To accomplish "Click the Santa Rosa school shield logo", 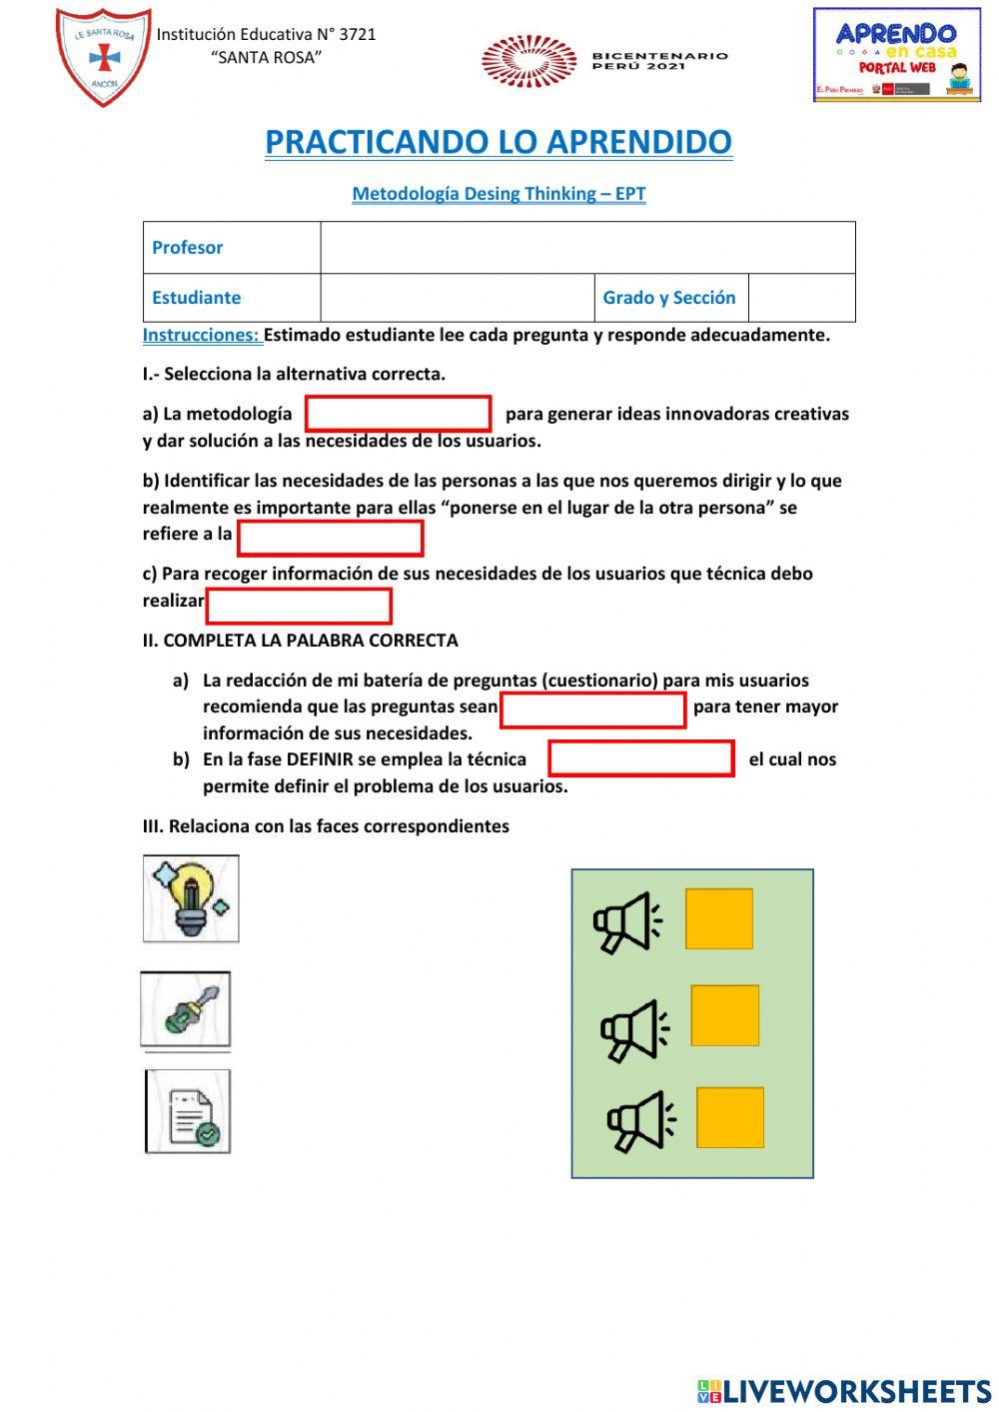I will tap(104, 57).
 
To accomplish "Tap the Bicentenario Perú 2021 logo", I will tap(604, 61).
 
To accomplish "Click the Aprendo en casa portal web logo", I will tap(896, 56).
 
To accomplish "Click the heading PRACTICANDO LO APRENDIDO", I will tap(499, 142).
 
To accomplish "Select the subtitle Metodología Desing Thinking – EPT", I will tap(499, 194).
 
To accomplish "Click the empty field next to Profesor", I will tap(587, 248).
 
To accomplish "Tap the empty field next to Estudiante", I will tap(457, 298).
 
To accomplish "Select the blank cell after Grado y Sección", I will tap(801, 298).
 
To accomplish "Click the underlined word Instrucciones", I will tap(201, 336).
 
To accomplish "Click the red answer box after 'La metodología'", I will tap(398, 414).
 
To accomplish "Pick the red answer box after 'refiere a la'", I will tap(330, 538).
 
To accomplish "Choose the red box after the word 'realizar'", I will tap(298, 606).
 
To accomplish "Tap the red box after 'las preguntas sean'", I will tap(592, 709).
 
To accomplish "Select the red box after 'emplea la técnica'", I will tap(641, 758).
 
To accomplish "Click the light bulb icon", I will tap(191, 898).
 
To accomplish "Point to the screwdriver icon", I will tap(186, 1010).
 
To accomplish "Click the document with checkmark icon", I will tap(189, 1111).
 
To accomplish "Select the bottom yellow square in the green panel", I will tap(730, 1117).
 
